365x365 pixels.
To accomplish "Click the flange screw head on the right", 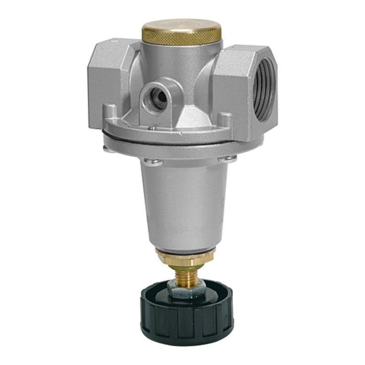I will click(x=227, y=159).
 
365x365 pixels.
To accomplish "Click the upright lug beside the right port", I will click(x=223, y=120).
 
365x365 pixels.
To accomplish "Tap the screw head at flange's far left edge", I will click(x=107, y=147).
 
